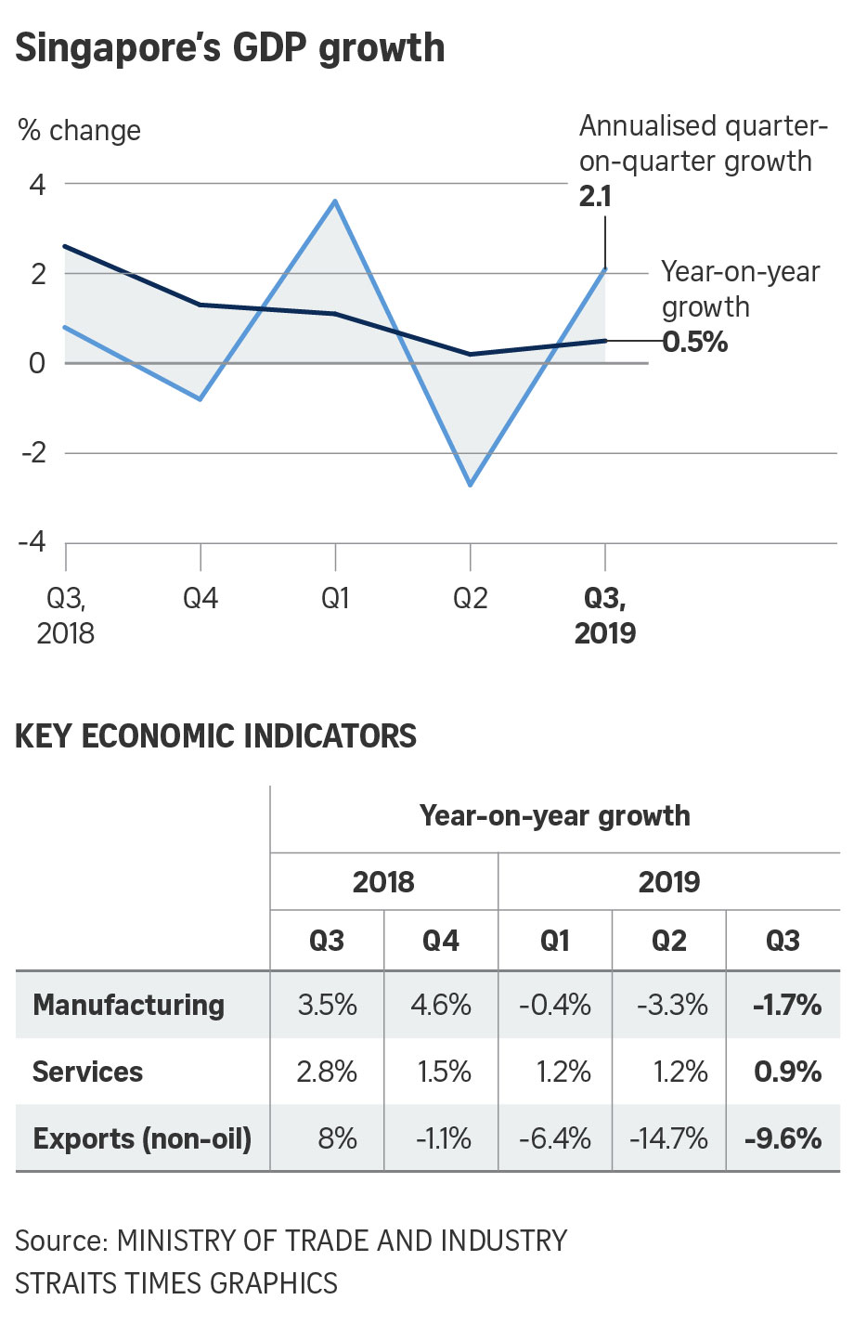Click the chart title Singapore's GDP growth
coord(230,48)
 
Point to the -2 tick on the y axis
coord(32,453)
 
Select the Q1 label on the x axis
coord(335,599)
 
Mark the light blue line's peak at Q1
coord(335,201)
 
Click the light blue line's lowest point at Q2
coord(471,485)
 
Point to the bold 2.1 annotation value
coord(595,197)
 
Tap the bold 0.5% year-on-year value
coord(695,342)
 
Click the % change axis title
coord(80,131)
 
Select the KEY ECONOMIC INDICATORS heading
coord(215,736)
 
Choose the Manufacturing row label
coord(129,1005)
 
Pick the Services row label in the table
coord(88,1072)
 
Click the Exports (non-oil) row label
coord(142,1138)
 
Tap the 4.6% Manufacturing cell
coord(441,1005)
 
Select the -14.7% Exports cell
coord(668,1138)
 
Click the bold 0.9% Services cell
coord(787,1072)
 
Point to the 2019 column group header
coord(668,881)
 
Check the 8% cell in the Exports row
coord(337,1138)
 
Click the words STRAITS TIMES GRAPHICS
coord(176,1283)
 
